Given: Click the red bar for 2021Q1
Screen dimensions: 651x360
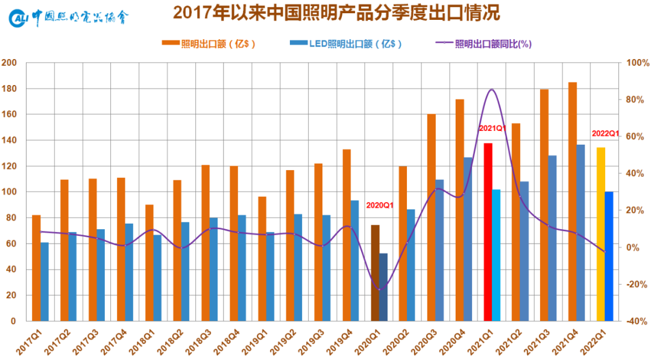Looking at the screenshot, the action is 488,232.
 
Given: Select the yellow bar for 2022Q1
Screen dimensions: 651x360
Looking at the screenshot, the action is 601,234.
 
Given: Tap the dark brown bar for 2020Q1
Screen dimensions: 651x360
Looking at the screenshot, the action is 375,273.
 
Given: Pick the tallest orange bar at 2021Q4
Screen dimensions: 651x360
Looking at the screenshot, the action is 573,201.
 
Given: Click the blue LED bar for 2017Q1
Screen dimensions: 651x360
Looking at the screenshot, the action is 45,282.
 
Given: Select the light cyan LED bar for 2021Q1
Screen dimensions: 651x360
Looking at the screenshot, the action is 496,255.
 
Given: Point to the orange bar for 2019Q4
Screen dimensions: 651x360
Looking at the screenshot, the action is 347,235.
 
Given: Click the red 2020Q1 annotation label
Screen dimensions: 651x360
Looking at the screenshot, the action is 380,206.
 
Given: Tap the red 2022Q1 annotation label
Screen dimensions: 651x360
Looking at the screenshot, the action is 605,133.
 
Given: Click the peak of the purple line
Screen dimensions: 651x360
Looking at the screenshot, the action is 492,89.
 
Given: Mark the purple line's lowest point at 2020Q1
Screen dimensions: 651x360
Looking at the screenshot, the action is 379,289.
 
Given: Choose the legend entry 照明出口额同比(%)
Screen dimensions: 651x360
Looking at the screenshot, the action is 483,44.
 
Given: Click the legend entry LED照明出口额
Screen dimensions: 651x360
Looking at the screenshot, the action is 346,44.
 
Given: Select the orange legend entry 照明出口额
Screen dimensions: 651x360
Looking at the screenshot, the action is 209,44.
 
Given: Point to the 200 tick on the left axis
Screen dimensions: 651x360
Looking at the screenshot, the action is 8,63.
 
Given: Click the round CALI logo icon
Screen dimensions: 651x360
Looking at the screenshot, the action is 18,18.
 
